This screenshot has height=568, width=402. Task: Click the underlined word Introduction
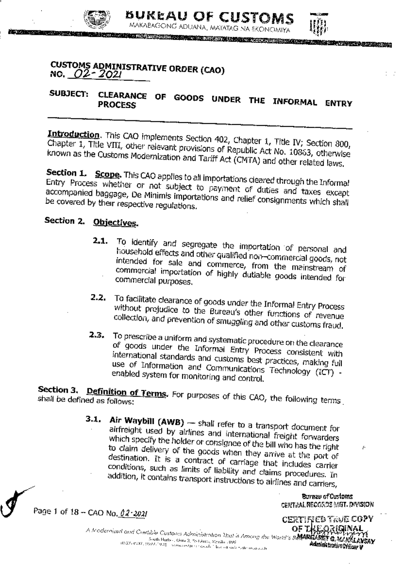[73, 135]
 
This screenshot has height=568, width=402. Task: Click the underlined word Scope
[108, 174]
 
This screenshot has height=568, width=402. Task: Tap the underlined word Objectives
[115, 223]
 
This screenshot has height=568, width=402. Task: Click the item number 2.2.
[98, 298]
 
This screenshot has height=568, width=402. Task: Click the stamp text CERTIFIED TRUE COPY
[327, 520]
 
